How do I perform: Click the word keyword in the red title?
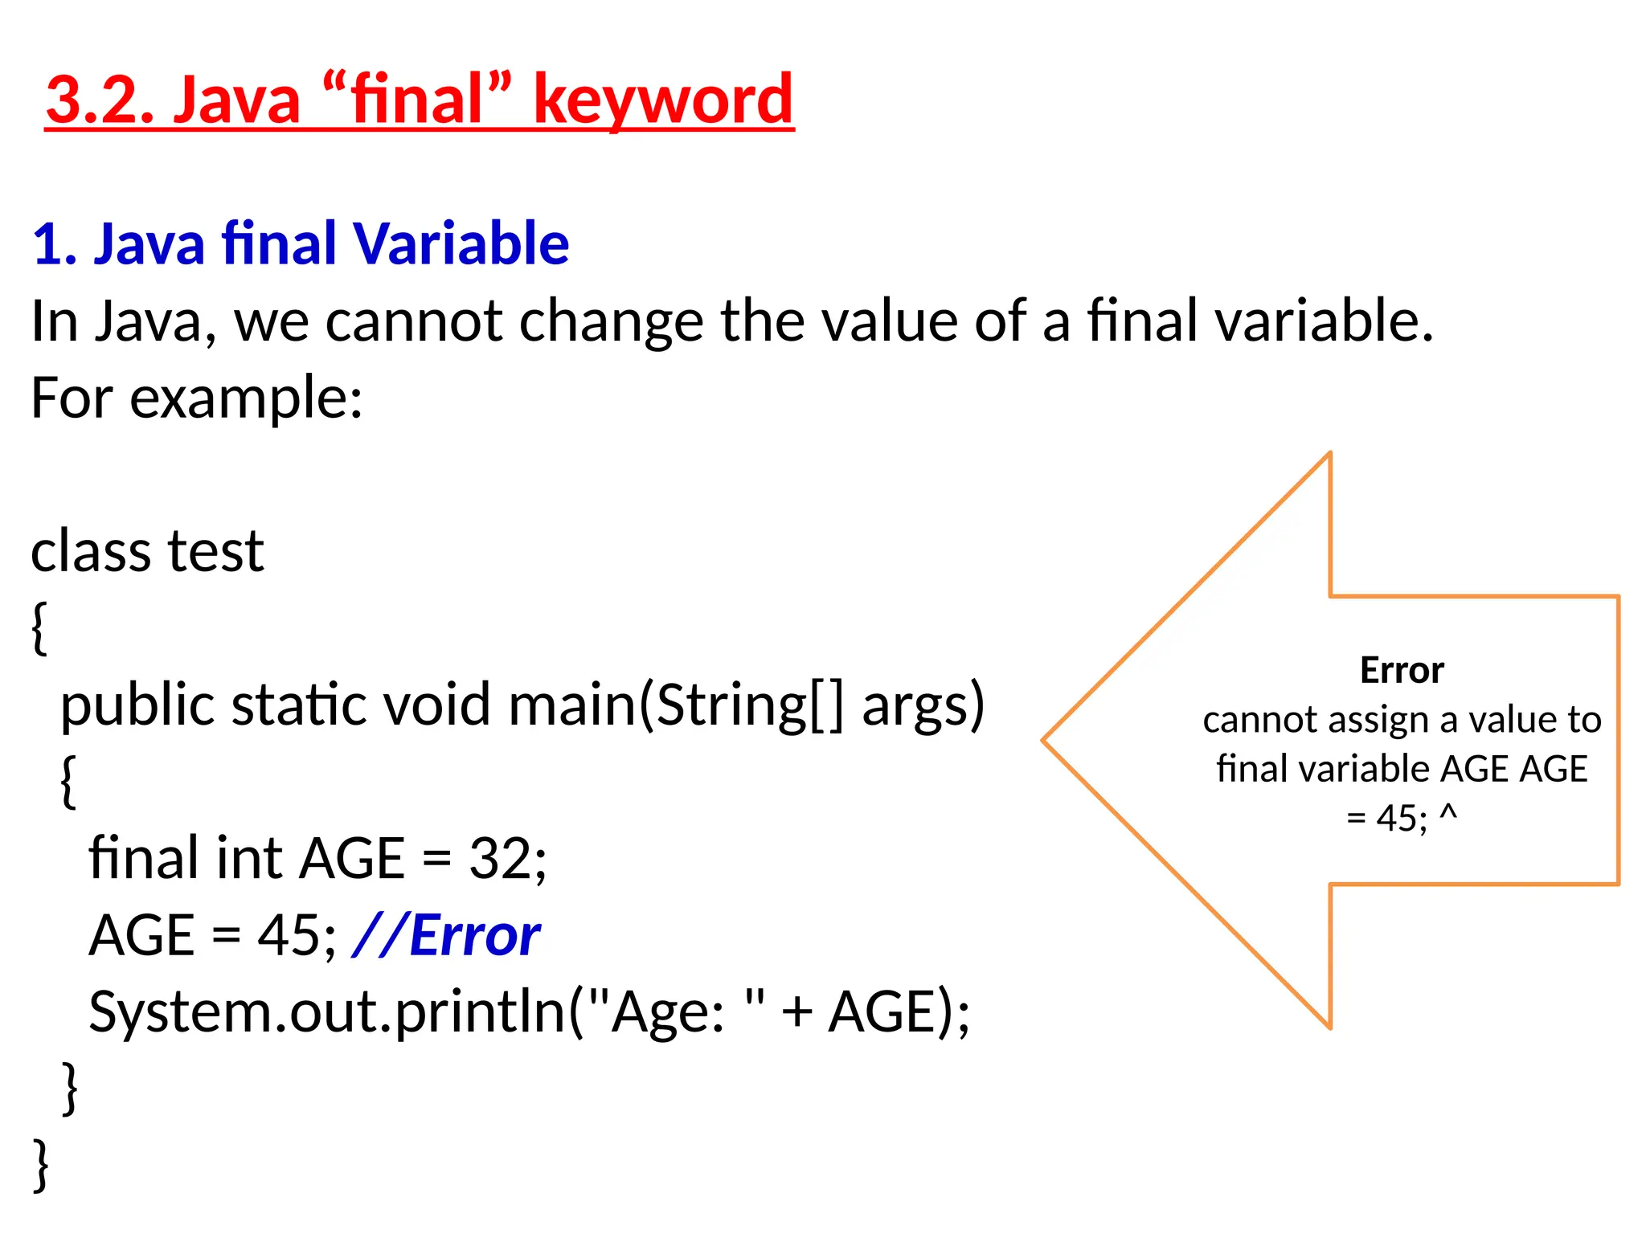coord(663,100)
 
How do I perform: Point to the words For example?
coord(197,398)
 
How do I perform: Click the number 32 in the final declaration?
coord(497,859)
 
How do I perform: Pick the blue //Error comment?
coord(447,936)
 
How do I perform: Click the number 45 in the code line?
coord(287,936)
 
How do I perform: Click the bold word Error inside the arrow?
coord(1402,670)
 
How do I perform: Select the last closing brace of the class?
coord(41,1163)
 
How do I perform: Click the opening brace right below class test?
coord(39,628)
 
